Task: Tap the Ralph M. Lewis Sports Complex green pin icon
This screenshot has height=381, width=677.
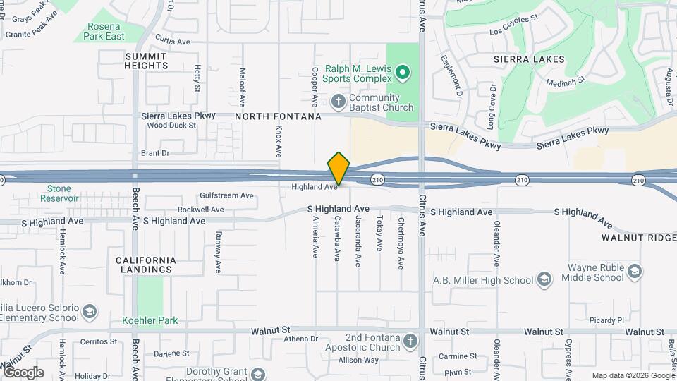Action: click(x=403, y=71)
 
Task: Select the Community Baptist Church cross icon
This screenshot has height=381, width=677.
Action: click(x=338, y=102)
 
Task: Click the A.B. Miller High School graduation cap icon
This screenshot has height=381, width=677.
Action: click(x=544, y=279)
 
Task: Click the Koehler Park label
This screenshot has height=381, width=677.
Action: click(x=150, y=320)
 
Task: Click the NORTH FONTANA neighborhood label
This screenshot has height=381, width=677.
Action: click(x=278, y=116)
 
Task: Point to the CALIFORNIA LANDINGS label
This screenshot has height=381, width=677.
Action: click(x=146, y=265)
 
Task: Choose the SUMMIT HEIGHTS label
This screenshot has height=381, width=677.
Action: click(x=147, y=61)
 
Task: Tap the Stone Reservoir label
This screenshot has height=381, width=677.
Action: click(x=59, y=193)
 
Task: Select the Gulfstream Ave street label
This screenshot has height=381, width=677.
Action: click(x=226, y=195)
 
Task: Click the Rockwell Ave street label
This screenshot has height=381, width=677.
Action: click(x=200, y=210)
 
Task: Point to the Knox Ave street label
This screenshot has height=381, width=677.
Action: click(x=279, y=141)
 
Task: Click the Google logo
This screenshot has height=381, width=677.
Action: click(x=23, y=373)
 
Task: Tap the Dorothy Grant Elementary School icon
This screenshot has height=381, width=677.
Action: click(x=258, y=374)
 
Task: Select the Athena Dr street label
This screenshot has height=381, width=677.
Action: click(x=301, y=339)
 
